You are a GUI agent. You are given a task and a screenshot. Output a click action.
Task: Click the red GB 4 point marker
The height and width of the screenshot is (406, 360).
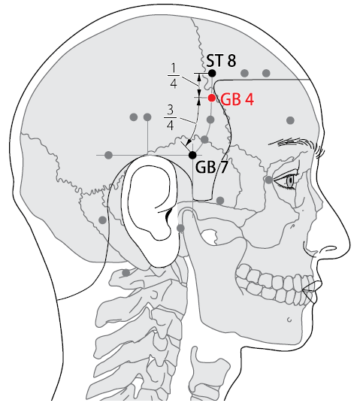pyautogui.click(x=212, y=98)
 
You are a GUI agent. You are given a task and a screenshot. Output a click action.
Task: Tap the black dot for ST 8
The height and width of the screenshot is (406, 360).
pyautogui.click(x=212, y=73)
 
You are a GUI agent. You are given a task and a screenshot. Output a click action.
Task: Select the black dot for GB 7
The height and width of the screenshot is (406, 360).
pyautogui.click(x=192, y=155)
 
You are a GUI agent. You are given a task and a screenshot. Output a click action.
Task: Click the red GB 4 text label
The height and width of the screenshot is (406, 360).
pyautogui.click(x=237, y=99)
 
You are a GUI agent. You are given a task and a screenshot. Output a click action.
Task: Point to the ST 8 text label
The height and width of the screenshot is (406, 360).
pyautogui.click(x=221, y=61)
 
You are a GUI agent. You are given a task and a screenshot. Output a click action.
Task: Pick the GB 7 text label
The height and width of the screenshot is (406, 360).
pyautogui.click(x=211, y=167)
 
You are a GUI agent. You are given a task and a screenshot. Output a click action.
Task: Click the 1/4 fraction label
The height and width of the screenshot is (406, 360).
pyautogui.click(x=174, y=76)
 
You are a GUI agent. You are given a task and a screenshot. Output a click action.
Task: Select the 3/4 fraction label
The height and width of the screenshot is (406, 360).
pyautogui.click(x=170, y=117)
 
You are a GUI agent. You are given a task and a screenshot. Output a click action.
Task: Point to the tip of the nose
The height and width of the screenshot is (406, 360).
pyautogui.click(x=349, y=244)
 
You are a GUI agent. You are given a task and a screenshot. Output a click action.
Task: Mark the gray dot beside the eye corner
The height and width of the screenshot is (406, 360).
pyautogui.click(x=269, y=180)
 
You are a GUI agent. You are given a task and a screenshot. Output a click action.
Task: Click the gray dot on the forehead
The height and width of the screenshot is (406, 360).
pyautogui.click(x=290, y=120)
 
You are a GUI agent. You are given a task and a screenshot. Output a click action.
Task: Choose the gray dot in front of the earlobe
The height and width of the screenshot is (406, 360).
pyautogui.click(x=180, y=229)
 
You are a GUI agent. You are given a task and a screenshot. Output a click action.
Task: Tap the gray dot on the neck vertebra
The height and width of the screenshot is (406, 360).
pyautogui.click(x=126, y=273)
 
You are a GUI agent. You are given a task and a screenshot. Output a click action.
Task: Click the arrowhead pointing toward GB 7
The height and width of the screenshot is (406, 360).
pyautogui.click(x=189, y=142)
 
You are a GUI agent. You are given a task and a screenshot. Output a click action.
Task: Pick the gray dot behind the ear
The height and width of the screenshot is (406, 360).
pyautogui.click(x=103, y=220)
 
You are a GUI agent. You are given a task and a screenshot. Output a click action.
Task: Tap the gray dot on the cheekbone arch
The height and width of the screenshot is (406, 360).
pyautogui.click(x=220, y=200)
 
